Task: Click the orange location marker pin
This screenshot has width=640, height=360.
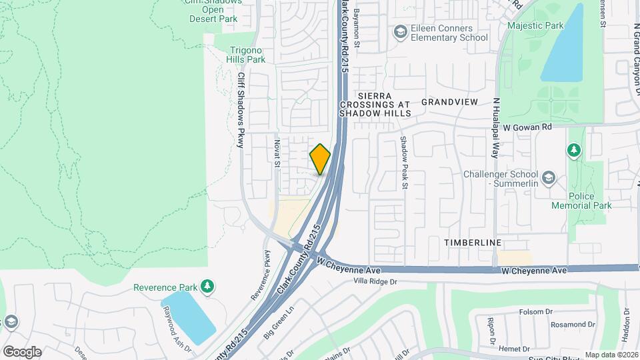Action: click(320, 159)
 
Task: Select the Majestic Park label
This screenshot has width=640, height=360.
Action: click(535, 26)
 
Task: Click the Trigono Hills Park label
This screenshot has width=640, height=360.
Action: click(247, 55)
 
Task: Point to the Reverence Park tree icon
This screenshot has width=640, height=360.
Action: click(207, 287)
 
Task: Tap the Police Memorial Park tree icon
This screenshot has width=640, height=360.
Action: click(573, 150)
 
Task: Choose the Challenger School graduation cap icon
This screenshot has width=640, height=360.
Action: click(548, 177)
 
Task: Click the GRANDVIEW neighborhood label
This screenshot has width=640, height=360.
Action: click(450, 102)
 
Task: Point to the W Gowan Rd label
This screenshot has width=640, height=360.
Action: click(528, 126)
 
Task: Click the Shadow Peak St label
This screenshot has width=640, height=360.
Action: click(404, 163)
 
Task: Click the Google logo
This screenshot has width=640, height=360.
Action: click(22, 351)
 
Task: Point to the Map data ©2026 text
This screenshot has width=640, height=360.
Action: click(611, 355)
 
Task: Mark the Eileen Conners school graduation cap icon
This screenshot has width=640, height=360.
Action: click(400, 32)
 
